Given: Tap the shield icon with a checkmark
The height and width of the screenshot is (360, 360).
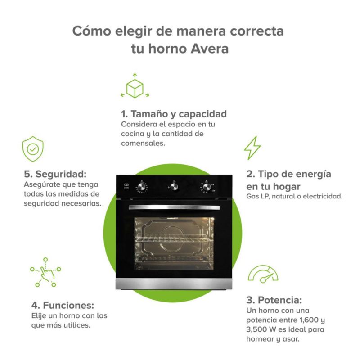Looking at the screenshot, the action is click(33, 149).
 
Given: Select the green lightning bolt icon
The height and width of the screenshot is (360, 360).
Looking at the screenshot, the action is click(252, 148).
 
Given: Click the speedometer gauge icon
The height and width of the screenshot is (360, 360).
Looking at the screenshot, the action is click(263, 274).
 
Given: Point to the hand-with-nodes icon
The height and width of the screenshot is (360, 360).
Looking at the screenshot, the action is click(45, 272).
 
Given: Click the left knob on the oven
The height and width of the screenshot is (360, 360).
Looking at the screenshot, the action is click(142, 187).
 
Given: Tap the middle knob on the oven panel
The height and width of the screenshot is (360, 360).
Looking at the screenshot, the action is click(174, 186).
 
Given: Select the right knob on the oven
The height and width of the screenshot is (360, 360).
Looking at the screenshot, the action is click(207, 187).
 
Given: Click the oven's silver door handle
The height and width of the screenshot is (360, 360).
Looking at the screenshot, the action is click(174, 207).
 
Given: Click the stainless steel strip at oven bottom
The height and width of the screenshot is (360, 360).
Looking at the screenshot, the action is click(174, 284).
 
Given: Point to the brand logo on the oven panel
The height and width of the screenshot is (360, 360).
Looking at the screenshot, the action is click(126, 185).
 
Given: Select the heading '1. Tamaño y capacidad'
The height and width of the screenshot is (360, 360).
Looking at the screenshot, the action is click(174, 114).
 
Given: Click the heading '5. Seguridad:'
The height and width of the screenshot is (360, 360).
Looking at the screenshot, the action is click(55, 174).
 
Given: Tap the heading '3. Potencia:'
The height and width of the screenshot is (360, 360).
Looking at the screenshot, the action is click(274, 300).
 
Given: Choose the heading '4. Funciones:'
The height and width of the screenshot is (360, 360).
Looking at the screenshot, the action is click(63, 306).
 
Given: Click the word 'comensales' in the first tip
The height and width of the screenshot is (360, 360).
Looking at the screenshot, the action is click(143, 143).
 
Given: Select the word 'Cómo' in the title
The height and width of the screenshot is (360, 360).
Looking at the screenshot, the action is click(92, 31).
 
